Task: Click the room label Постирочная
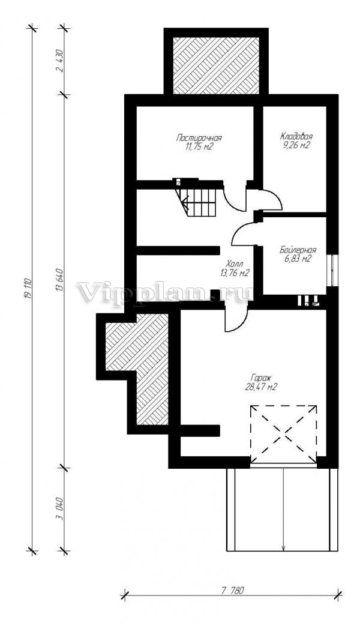point(199,138)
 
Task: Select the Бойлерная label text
point(298,250)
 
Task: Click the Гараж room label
point(260,378)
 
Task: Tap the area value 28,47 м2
point(260,387)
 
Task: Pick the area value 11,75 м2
point(198,146)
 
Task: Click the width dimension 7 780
point(232,591)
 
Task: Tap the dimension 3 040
point(60,509)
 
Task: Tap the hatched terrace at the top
point(216,66)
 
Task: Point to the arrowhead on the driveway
point(283,548)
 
